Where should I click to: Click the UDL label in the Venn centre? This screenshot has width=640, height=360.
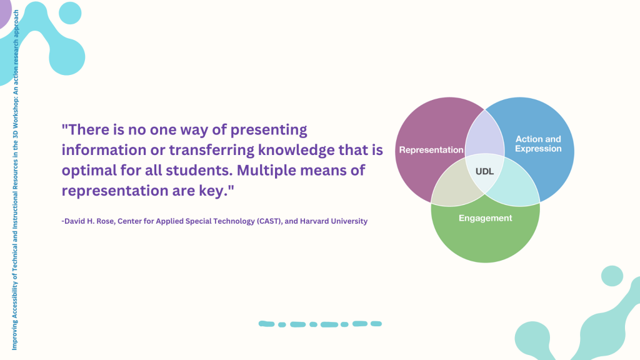point(484,171)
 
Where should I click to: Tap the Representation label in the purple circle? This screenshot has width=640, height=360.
point(431,150)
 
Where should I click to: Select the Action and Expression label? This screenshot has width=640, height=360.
point(538,144)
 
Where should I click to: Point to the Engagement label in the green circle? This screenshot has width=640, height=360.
point(485,218)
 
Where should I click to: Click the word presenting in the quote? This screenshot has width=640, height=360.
point(269,130)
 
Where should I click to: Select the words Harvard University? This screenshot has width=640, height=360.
point(334,221)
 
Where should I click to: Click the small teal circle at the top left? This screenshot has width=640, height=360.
point(70,12)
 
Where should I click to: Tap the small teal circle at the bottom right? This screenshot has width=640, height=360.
point(612,276)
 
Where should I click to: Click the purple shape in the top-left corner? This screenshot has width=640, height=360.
point(4,12)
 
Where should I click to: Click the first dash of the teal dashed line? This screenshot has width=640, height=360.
point(266,324)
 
